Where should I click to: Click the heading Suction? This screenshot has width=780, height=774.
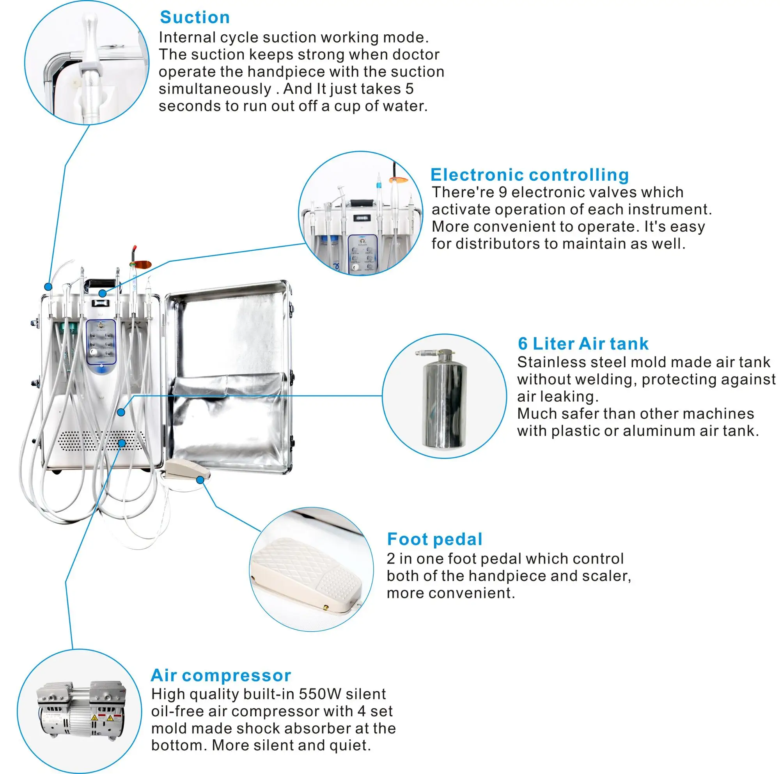point(195,18)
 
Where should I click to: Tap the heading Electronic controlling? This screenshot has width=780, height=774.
point(529,175)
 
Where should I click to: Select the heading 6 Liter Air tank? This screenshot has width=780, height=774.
point(583,344)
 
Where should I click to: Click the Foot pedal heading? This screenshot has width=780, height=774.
point(434,539)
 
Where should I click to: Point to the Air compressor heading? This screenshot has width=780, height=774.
point(220,675)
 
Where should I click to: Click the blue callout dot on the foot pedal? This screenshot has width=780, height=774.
point(200,480)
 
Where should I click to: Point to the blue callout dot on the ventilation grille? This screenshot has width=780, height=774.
point(122,443)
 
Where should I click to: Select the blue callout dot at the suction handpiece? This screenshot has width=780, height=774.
point(48,287)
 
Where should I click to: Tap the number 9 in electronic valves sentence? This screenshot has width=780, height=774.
point(502,192)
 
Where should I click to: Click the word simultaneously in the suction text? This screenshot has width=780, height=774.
point(215,89)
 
